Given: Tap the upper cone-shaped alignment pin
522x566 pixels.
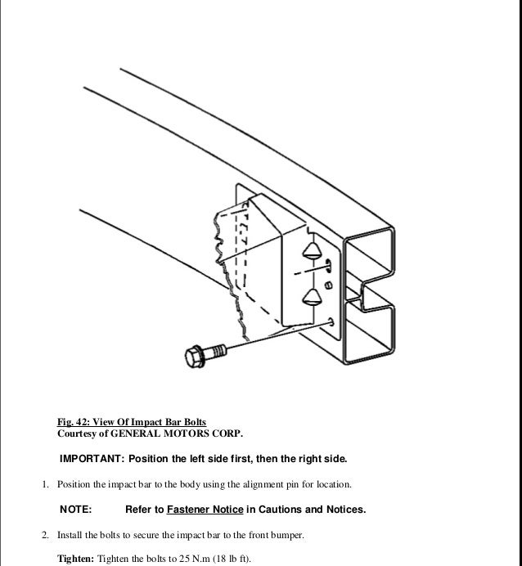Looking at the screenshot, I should tap(312, 250).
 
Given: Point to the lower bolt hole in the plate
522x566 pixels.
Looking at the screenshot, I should tap(330, 321).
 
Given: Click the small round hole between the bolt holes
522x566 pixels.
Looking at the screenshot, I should tap(328, 285).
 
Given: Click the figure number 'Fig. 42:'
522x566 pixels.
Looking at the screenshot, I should tap(73, 422).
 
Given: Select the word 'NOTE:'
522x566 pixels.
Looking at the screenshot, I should tap(76, 510).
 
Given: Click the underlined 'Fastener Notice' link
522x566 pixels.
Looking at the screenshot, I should tap(205, 510).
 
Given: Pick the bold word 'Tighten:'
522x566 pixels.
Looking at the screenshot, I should tap(74, 559).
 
